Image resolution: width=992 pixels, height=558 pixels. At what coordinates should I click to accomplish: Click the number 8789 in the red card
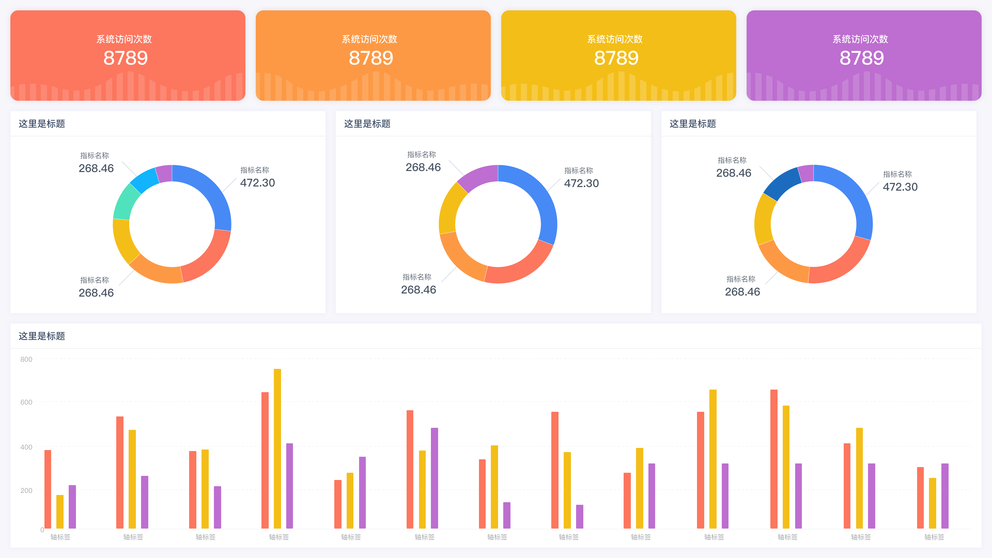126,58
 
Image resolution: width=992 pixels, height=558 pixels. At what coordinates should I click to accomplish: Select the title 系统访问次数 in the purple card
860,39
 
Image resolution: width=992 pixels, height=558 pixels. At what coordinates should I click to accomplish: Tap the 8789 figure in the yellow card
616,58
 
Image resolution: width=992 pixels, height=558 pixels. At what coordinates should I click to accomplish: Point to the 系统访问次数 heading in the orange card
369,39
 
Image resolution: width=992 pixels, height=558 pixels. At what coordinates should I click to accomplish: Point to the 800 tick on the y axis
26,359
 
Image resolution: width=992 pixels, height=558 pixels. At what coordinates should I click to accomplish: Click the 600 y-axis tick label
26,402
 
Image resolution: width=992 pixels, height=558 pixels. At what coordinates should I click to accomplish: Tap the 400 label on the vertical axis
26,447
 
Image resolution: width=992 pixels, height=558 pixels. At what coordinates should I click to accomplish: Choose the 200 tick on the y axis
26,490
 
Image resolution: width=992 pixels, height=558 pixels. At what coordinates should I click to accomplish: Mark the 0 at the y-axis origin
42,530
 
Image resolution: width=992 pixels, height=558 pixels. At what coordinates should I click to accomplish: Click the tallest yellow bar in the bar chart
277,449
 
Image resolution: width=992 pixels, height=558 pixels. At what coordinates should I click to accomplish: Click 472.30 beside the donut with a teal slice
257,183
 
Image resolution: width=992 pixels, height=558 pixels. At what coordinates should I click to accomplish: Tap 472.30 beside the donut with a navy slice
900,187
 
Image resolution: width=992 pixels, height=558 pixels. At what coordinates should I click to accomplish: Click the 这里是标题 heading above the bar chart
42,336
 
